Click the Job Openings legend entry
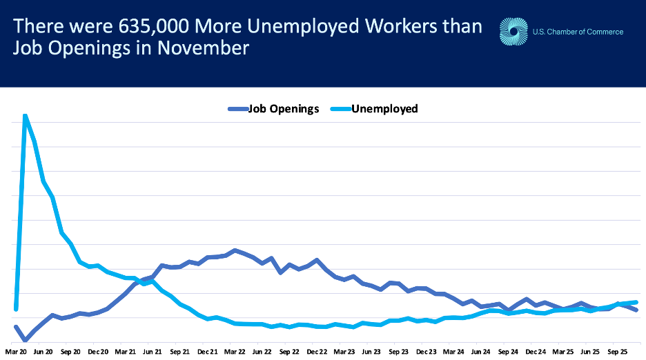(x=273, y=108)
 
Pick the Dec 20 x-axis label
(x=97, y=351)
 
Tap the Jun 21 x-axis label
(x=152, y=351)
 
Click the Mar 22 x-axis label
(x=234, y=351)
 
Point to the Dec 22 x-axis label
(x=316, y=351)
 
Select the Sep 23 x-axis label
(x=398, y=351)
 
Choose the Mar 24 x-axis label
(x=453, y=351)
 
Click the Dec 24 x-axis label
(x=535, y=351)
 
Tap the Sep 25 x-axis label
(x=616, y=351)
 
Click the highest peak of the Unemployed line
(x=25, y=115)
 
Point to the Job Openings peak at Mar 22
(x=235, y=250)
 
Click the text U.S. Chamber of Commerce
(x=578, y=32)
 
